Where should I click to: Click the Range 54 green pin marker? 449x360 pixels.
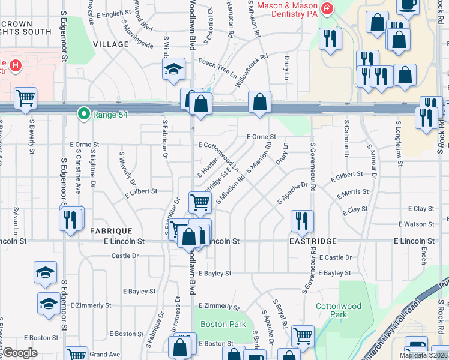[x=84, y=113]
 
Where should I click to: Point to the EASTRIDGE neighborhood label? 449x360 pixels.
[x=312, y=241]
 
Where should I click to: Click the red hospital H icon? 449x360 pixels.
[x=16, y=65]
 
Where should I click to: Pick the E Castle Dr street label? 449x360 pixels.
[x=335, y=257]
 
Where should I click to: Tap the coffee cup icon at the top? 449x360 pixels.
[x=408, y=5]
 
